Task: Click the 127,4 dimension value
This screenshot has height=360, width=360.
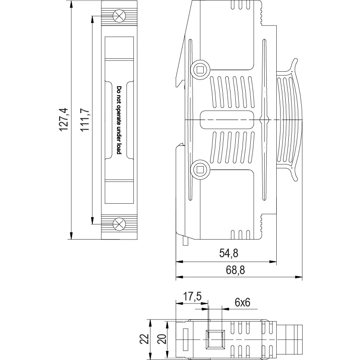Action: tap(64, 120)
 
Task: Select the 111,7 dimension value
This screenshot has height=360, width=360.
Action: tap(85, 120)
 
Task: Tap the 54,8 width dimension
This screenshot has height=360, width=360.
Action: tap(229, 253)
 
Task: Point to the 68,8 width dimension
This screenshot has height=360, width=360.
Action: tap(235, 270)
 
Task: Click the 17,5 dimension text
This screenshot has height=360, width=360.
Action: tap(192, 297)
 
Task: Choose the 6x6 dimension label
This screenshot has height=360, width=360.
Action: tap(243, 303)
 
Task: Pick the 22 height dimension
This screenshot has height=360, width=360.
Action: tap(145, 339)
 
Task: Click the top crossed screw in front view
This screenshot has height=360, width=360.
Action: tap(119, 16)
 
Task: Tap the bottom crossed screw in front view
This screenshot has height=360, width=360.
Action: tap(119, 224)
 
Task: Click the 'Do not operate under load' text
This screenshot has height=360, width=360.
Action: tap(119, 120)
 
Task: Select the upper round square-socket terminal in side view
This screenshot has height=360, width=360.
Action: tap(200, 69)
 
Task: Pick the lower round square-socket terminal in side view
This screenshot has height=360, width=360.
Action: tap(200, 170)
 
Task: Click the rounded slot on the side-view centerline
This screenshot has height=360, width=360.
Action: tap(227, 120)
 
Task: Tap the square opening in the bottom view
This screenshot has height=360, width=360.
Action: tap(215, 340)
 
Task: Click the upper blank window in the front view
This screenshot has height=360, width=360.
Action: tap(119, 47)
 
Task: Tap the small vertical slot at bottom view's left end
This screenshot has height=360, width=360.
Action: tap(185, 340)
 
